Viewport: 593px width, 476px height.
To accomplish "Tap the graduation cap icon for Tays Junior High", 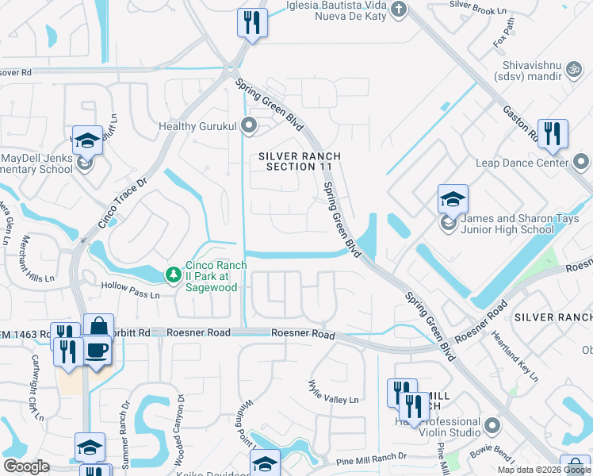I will (x=453, y=198).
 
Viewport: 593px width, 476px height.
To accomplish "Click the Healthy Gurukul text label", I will (x=198, y=126).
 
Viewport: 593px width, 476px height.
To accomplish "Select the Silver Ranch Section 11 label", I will (x=298, y=162).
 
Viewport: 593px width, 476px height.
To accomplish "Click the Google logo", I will (x=26, y=466).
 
